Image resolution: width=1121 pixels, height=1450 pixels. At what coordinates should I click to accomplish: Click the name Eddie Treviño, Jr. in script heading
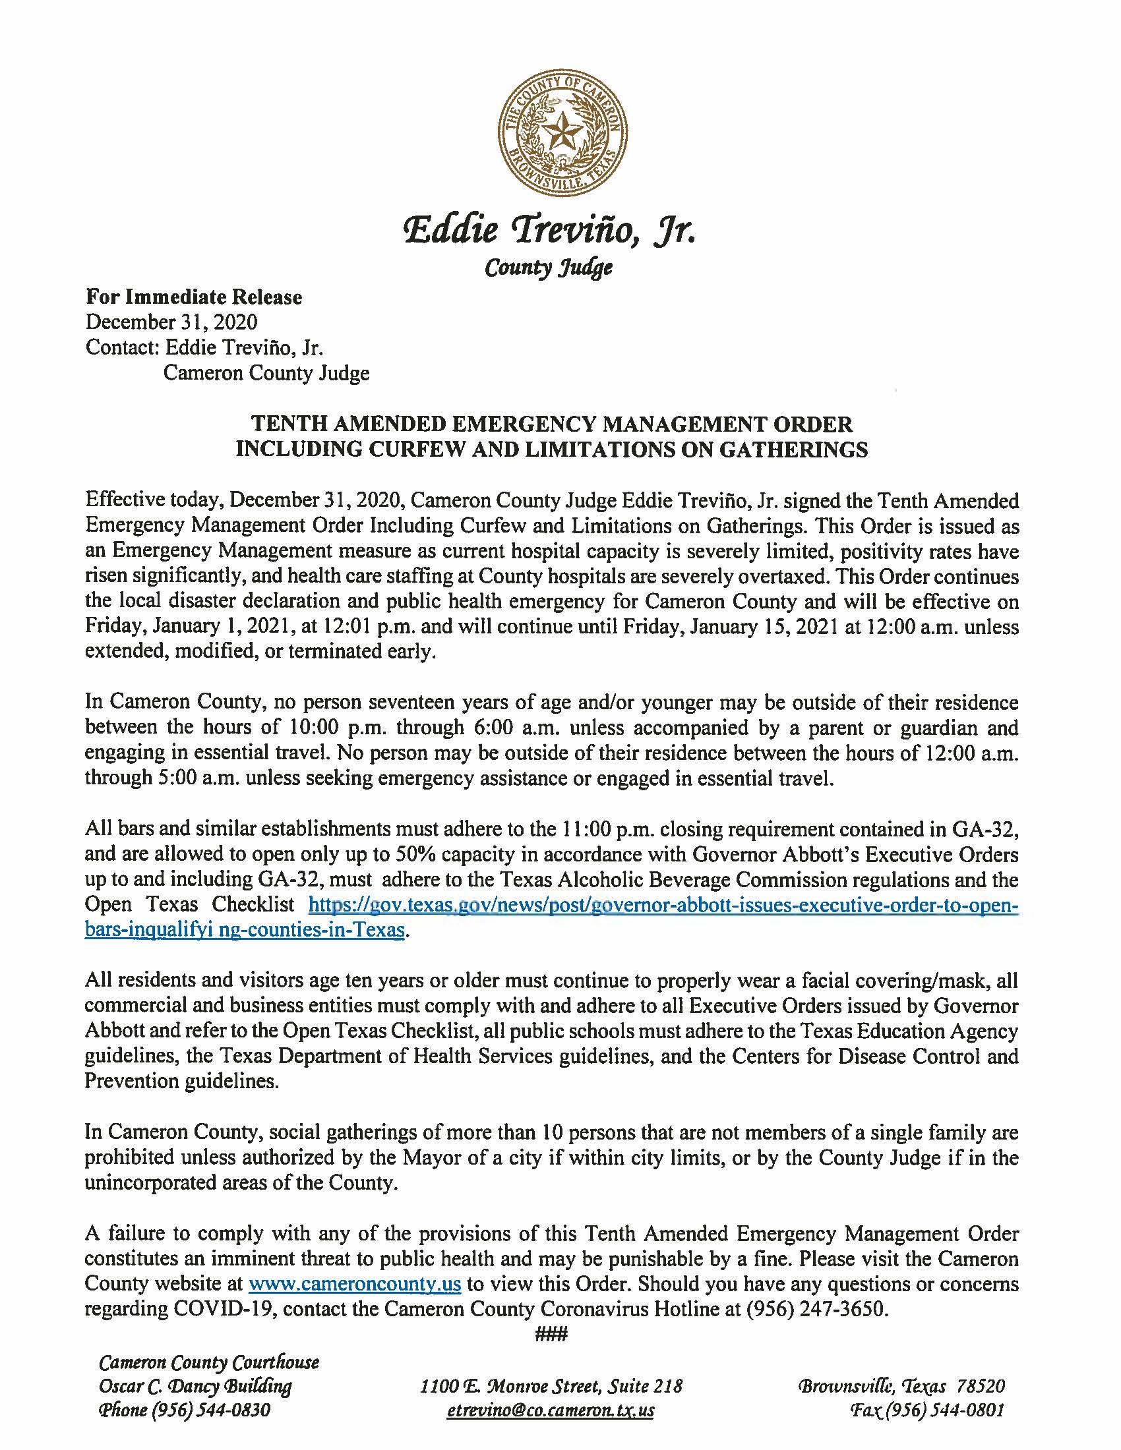(551, 231)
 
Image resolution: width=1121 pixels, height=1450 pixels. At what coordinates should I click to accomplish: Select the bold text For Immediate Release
(193, 297)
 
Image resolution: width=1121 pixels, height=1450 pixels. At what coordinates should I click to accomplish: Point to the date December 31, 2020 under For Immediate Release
(171, 322)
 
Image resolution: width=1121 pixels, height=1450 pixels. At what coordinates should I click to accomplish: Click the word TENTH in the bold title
(280, 424)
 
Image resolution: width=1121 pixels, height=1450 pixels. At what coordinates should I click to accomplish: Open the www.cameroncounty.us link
(355, 1284)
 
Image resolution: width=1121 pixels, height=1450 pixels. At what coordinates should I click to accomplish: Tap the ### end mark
(551, 1334)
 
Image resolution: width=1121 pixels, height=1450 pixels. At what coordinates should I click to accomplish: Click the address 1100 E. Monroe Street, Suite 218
(551, 1386)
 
